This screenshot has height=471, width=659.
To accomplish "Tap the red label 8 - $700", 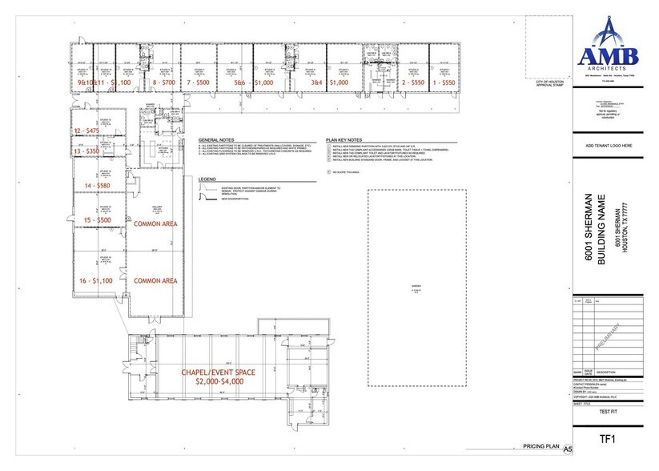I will point(163,83).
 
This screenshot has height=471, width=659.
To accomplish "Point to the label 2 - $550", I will point(412,83).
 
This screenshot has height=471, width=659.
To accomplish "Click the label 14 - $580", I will point(90,185).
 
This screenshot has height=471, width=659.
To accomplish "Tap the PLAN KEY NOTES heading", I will point(345,139).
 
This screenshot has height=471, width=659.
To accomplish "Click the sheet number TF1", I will point(611,440).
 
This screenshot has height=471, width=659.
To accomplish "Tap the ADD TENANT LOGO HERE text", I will point(610,146).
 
